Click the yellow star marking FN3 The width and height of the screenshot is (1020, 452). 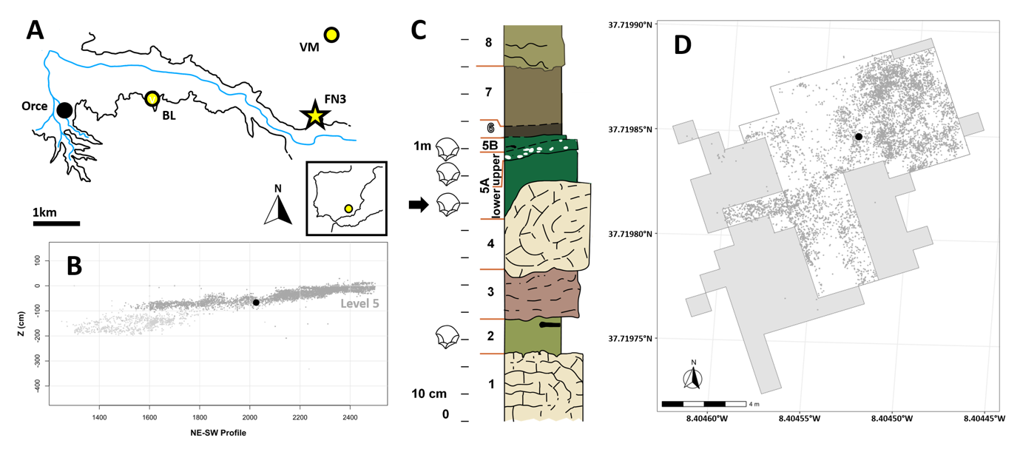click(314, 115)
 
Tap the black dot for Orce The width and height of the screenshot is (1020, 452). click(64, 109)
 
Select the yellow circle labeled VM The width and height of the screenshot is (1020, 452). click(331, 35)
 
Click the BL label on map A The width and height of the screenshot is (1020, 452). click(169, 115)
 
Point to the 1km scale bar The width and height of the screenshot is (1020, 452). click(56, 223)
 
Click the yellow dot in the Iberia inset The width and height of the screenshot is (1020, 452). click(348, 209)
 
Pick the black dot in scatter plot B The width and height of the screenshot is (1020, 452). click(256, 303)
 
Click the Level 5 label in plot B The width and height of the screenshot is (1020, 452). click(359, 303)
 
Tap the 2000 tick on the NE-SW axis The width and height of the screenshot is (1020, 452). click(249, 417)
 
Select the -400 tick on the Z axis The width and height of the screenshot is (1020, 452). click(37, 386)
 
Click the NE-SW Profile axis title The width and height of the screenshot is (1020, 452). click(218, 433)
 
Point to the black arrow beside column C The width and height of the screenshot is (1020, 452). click(419, 205)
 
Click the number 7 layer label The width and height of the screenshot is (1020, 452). click(489, 92)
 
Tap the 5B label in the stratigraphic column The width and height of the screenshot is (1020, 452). click(490, 145)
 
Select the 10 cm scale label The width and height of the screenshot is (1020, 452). click(429, 394)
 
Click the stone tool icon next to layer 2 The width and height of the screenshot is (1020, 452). click(447, 337)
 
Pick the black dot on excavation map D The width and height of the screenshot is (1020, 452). click(859, 137)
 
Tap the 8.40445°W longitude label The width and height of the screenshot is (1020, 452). click(984, 419)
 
